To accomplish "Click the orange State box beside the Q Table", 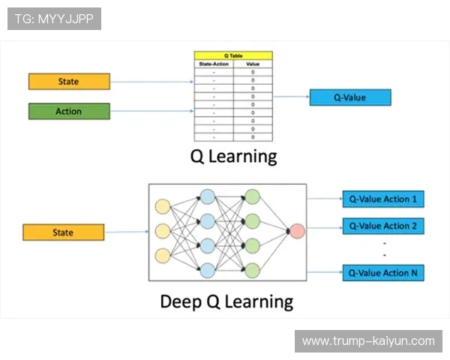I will point(68,81).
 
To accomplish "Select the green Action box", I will point(68,112).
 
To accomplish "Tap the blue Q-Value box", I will point(350,97).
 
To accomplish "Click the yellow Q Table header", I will point(233,55).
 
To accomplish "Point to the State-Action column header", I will point(214,64).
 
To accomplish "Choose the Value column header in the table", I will point(253,64).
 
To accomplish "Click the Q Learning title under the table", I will point(233,157).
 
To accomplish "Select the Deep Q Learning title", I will point(226,301).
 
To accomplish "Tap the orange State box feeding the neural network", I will point(63,232).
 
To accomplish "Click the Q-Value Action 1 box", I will point(383,199).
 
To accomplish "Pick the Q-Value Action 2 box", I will point(383,226).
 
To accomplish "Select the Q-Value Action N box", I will point(383,273).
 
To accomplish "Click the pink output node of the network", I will point(297,231).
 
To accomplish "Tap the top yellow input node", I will point(162,206).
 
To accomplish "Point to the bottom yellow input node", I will point(162,255).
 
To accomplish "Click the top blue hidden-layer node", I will point(207,196).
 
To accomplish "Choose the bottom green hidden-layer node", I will point(253,270).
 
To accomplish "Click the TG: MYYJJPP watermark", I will point(54,19).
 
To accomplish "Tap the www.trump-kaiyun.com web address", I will point(367,341).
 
